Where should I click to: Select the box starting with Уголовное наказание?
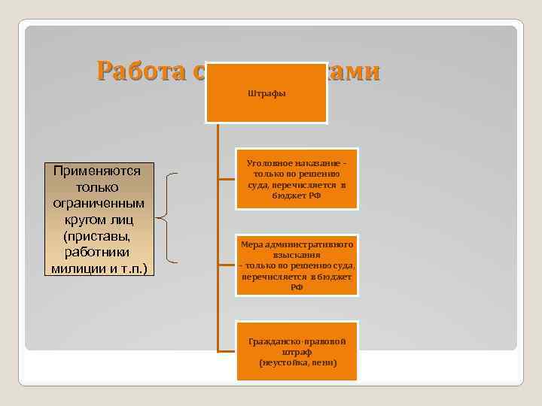click(x=297, y=178)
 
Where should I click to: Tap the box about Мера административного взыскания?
click(x=297, y=265)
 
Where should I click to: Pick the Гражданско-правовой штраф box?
click(x=297, y=352)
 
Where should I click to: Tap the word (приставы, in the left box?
click(x=98, y=236)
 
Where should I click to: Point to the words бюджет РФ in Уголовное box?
click(x=297, y=195)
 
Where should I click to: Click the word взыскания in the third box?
click(x=297, y=255)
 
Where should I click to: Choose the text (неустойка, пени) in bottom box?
click(x=297, y=362)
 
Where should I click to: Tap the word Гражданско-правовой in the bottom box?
click(x=297, y=341)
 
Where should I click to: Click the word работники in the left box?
click(x=98, y=252)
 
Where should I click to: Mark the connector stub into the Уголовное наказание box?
click(x=227, y=179)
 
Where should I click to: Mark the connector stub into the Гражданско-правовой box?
click(x=227, y=351)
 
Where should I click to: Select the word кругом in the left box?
click(x=82, y=220)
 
